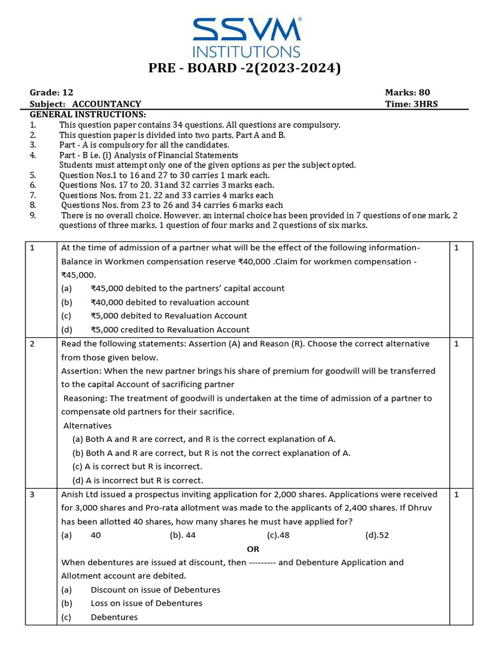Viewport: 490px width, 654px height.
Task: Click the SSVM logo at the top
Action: pyautogui.click(x=247, y=29)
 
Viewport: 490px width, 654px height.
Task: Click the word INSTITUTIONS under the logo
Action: pyautogui.click(x=247, y=51)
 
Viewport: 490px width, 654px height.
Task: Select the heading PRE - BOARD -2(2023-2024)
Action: pyautogui.click(x=246, y=68)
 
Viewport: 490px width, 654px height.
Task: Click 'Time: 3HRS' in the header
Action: pyautogui.click(x=412, y=104)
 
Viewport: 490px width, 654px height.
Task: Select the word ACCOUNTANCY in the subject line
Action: pyautogui.click(x=107, y=104)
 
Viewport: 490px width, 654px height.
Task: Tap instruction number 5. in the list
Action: pyautogui.click(x=33, y=175)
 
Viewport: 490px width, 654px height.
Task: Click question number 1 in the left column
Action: pyautogui.click(x=33, y=248)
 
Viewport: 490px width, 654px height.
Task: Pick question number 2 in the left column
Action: pyautogui.click(x=33, y=344)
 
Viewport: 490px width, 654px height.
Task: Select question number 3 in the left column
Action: pyautogui.click(x=33, y=494)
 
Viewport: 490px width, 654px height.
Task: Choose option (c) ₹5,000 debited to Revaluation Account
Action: pyautogui.click(x=168, y=316)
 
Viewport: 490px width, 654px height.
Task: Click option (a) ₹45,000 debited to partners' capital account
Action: pyautogui.click(x=187, y=288)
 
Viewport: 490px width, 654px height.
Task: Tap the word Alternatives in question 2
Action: pyautogui.click(x=87, y=425)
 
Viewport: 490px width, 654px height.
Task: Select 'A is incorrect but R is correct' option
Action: pyautogui.click(x=138, y=480)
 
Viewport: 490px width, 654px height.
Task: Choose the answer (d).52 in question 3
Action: pyautogui.click(x=377, y=535)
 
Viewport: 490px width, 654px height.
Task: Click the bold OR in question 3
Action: pyautogui.click(x=253, y=549)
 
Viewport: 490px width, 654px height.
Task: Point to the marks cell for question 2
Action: pyautogui.click(x=456, y=344)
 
